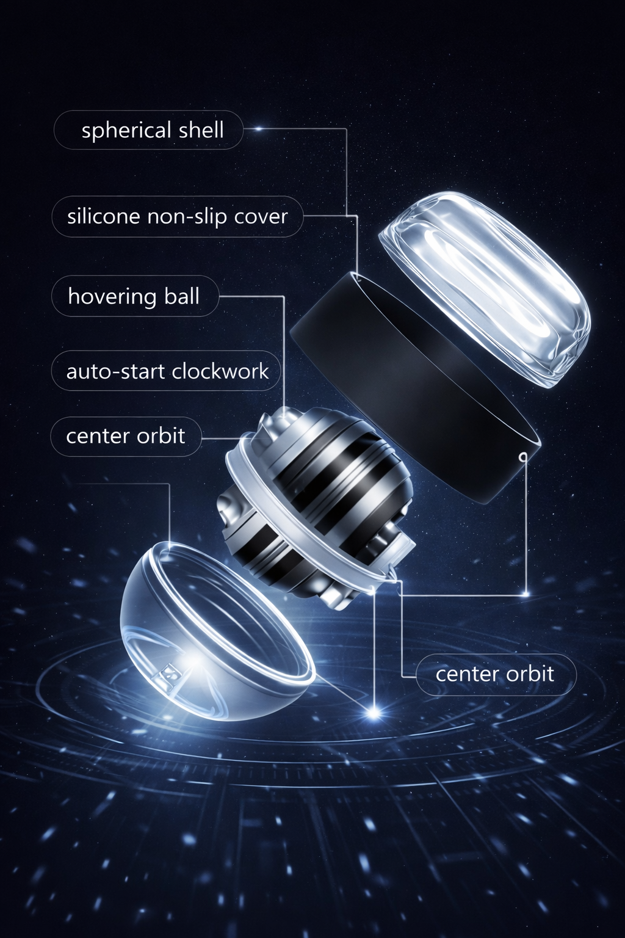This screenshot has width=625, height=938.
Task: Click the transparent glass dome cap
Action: click(485, 287)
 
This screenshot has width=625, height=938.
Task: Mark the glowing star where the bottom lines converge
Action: click(374, 712)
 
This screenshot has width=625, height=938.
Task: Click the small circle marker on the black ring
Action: click(523, 456)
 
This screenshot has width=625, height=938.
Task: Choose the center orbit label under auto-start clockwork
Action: click(126, 436)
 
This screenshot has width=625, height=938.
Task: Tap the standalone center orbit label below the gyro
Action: click(495, 674)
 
